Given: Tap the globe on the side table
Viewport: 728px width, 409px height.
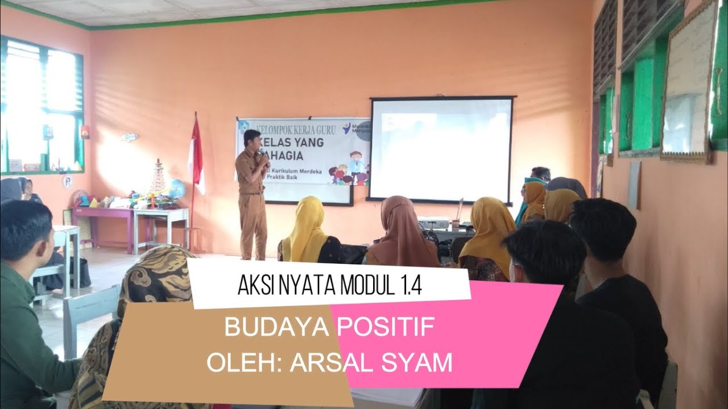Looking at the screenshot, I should [x=177, y=189].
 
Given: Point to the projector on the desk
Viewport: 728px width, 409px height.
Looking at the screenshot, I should [x=433, y=222].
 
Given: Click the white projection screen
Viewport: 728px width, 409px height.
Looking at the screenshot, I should [x=441, y=149].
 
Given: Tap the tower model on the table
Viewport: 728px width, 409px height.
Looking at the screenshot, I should [x=158, y=178].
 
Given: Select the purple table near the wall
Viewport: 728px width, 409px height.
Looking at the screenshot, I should [x=103, y=216].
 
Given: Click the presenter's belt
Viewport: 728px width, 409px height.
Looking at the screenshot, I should [x=253, y=194].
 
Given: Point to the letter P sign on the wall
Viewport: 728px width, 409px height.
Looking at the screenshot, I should [x=67, y=182].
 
